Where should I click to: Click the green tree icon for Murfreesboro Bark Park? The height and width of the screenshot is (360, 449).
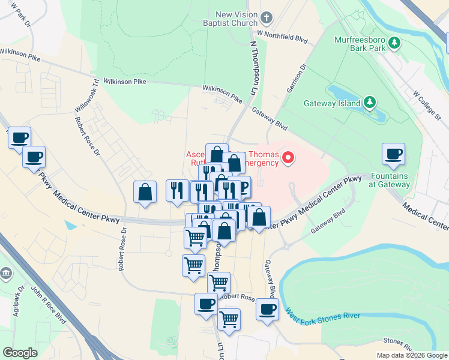pyautogui.click(x=394, y=42)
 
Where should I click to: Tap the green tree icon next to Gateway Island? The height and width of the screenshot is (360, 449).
pyautogui.click(x=371, y=102)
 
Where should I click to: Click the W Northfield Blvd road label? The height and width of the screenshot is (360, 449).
pyautogui.click(x=282, y=37)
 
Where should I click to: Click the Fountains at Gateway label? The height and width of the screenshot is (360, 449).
pyautogui.click(x=390, y=180)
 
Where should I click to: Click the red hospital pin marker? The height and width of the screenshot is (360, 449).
pyautogui.click(x=289, y=158)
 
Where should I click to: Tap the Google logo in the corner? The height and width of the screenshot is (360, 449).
pyautogui.click(x=20, y=353)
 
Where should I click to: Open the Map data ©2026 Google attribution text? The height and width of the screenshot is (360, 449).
pyautogui.click(x=411, y=355)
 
